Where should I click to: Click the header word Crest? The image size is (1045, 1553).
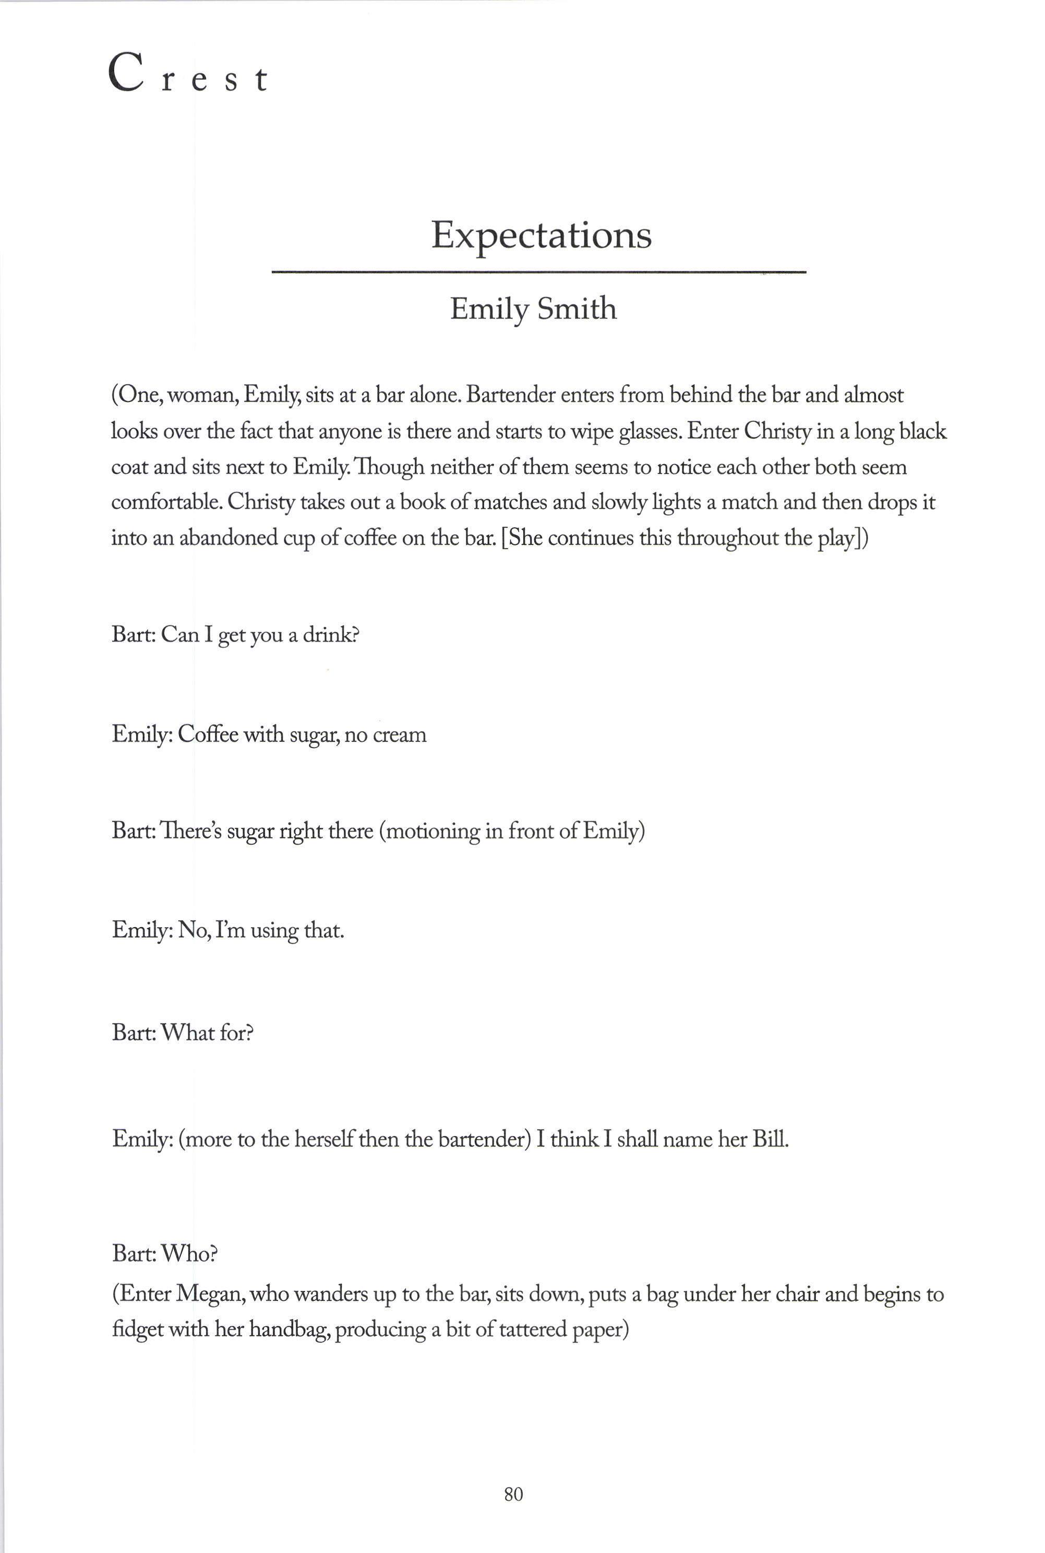pos(187,75)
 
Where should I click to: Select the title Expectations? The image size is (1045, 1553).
pos(540,235)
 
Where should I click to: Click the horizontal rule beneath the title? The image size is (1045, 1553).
pos(538,272)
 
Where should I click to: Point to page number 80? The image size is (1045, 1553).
pos(514,1495)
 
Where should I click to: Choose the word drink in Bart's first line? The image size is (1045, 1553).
pos(330,634)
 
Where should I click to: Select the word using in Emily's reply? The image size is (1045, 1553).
pos(274,930)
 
